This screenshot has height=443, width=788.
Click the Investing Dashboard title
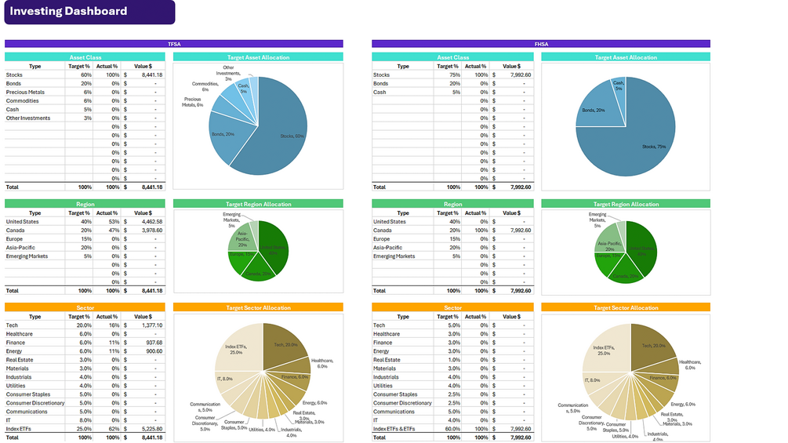click(x=69, y=11)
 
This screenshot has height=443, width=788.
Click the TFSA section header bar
click(x=174, y=44)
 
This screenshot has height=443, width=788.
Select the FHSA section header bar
click(x=541, y=44)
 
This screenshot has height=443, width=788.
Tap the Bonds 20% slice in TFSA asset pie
click(x=227, y=140)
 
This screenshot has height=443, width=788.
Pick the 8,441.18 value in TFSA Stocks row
click(x=151, y=75)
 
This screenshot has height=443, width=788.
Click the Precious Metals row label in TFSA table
click(x=25, y=93)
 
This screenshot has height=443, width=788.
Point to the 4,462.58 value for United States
click(x=151, y=222)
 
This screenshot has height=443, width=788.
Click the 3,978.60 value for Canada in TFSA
click(x=151, y=231)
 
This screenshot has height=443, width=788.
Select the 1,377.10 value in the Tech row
click(x=151, y=325)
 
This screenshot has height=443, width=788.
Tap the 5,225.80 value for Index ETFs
click(x=151, y=429)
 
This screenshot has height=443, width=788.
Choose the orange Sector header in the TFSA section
click(x=85, y=308)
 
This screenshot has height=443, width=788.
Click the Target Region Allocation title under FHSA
click(x=626, y=205)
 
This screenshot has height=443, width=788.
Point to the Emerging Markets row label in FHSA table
click(x=394, y=256)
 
